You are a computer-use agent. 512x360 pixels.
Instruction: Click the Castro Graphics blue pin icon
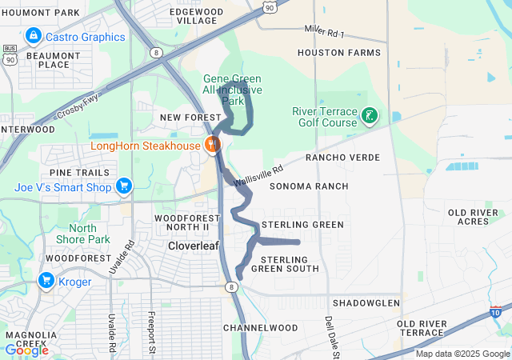point(33,37)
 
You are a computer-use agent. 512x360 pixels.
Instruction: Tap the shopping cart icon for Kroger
point(46,281)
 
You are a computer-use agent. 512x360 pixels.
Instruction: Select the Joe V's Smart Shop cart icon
point(123,187)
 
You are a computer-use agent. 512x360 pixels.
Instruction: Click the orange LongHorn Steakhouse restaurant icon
point(212,145)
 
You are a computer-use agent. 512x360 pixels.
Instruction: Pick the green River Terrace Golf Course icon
point(369,117)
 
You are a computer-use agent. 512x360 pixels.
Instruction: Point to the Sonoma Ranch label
point(309,186)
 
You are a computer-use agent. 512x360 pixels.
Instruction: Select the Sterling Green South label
point(285,264)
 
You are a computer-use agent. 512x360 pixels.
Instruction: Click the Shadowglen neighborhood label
point(366,303)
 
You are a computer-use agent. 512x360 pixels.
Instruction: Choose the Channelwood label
point(260,328)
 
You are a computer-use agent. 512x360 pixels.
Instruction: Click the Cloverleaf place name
point(192,246)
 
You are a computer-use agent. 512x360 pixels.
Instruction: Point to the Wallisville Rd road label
point(258,177)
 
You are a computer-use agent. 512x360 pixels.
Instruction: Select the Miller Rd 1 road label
point(324,32)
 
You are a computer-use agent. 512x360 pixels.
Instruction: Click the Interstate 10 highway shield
point(496,312)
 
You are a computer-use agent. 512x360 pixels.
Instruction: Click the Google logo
point(26,350)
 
